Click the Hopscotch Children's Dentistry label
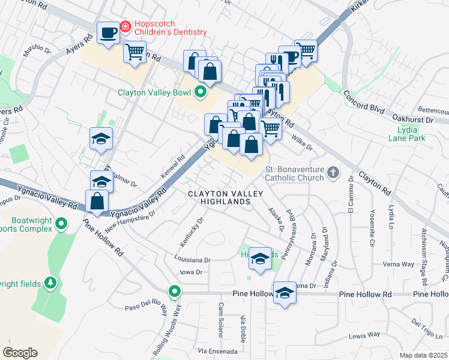[x=170, y=27]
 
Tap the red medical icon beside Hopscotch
[x=125, y=27]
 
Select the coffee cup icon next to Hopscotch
[x=109, y=32]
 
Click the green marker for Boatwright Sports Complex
[x=61, y=224]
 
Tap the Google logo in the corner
[x=20, y=352]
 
